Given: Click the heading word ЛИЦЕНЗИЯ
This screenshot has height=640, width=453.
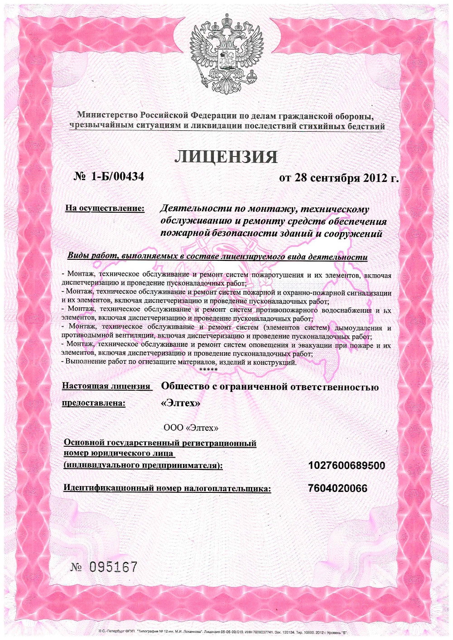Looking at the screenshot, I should (x=226, y=157).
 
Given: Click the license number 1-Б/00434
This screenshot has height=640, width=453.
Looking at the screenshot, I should (x=117, y=176).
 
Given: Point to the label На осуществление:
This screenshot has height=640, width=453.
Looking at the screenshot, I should (x=105, y=208).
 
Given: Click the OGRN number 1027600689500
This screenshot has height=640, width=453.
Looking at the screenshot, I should (x=347, y=465).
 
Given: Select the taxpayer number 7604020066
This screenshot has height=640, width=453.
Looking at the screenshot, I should (x=337, y=488).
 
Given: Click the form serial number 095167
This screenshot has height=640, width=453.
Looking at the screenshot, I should (x=113, y=567).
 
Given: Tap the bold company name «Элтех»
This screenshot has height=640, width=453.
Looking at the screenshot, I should (x=180, y=403).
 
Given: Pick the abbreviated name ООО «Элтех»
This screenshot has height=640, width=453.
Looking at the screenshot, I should (x=191, y=428).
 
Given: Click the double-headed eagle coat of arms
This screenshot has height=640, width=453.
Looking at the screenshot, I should (x=226, y=53).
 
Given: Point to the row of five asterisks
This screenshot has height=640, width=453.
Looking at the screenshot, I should (x=208, y=370).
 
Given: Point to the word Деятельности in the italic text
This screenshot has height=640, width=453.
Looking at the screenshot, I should (x=196, y=209).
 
